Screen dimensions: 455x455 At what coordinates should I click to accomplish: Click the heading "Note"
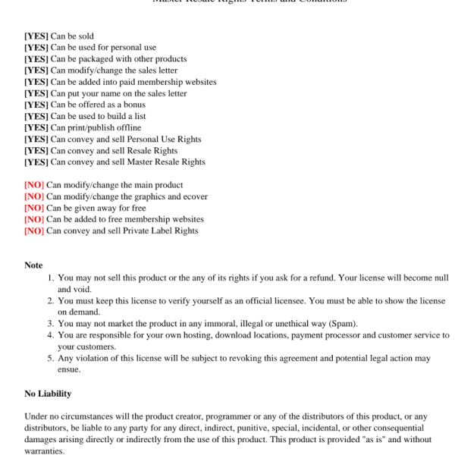tap(33, 265)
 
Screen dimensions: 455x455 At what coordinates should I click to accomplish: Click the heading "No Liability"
tap(48, 394)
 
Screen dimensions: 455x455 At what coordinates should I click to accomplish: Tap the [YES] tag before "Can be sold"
tap(36, 36)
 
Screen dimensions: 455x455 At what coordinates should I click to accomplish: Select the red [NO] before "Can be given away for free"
tap(34, 208)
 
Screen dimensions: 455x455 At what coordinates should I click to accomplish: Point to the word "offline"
tap(125, 127)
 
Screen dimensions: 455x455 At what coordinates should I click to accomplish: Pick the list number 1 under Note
tap(51, 278)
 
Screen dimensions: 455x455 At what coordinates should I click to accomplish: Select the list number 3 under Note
tap(51, 324)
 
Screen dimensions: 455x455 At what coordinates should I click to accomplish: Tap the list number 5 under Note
tap(51, 358)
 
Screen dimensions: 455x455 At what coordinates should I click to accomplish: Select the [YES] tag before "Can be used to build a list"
tap(36, 116)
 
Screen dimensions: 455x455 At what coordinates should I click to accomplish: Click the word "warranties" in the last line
tap(44, 450)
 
